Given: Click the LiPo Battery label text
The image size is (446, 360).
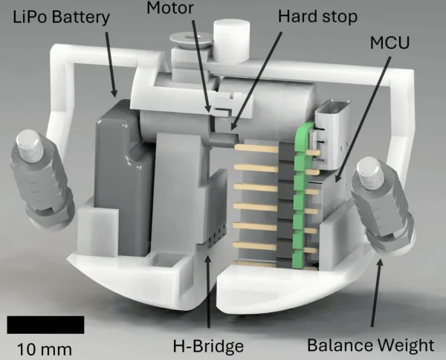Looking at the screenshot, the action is click(x=61, y=17).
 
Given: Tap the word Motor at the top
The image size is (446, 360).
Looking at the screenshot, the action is click(x=170, y=7).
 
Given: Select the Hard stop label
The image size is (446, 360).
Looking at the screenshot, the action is click(x=317, y=16).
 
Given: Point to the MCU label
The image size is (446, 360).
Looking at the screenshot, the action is click(x=390, y=42).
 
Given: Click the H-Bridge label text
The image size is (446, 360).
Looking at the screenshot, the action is click(x=208, y=346).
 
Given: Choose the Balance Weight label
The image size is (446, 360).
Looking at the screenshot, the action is click(x=371, y=345).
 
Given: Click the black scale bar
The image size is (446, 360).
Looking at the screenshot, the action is click(x=45, y=324).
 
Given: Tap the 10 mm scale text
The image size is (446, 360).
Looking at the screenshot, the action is click(x=45, y=349).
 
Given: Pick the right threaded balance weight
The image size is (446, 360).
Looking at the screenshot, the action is click(x=381, y=205).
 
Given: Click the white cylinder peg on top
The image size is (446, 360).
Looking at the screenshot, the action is click(x=232, y=41).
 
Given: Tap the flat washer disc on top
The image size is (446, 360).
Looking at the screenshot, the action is click(x=190, y=39).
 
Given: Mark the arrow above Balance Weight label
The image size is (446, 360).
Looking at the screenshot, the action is click(x=376, y=292).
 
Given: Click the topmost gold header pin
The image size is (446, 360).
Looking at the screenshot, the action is click(x=256, y=148).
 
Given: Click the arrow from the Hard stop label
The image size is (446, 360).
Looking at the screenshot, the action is click(x=256, y=81).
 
